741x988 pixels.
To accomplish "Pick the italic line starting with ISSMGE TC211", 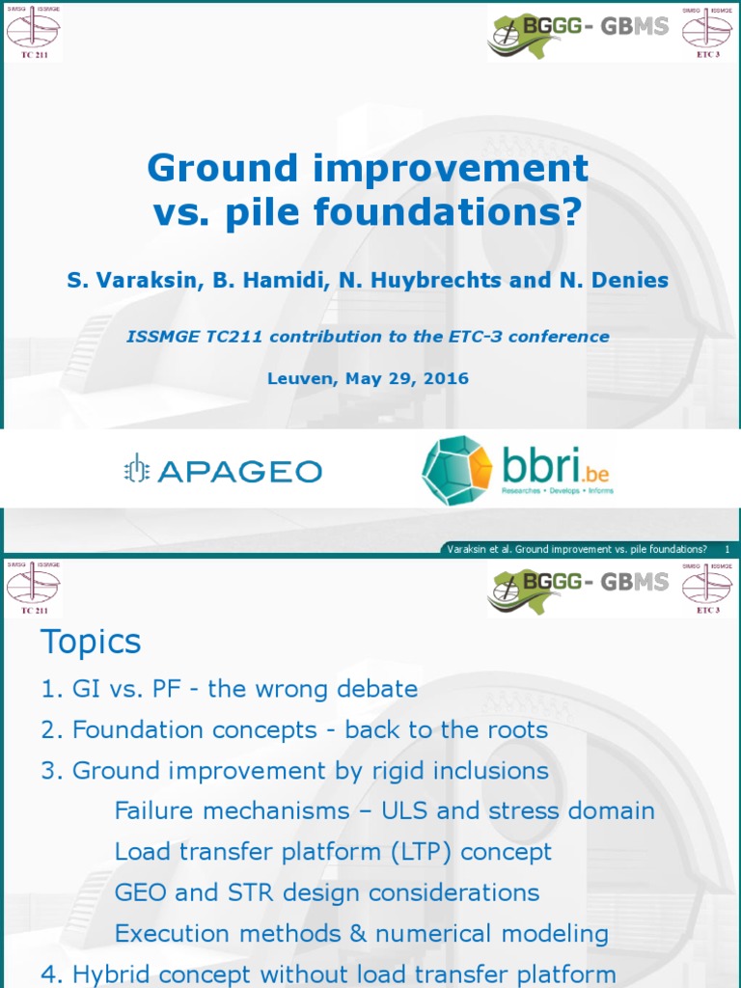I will [x=368, y=337].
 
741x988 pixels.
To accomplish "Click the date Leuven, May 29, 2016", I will [x=368, y=378].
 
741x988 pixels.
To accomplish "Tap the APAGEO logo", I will [x=223, y=471].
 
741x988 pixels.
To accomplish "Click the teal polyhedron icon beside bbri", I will [x=456, y=471].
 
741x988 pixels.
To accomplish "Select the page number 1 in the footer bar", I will [x=726, y=549].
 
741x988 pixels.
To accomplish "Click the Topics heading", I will [x=91, y=642].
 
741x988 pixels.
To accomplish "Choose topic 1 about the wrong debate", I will [x=230, y=689].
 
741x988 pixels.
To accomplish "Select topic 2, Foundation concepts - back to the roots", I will [x=294, y=729].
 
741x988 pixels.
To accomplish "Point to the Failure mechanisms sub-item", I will [x=384, y=810].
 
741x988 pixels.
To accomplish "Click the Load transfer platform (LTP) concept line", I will [x=333, y=852].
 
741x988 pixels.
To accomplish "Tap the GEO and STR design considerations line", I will [x=326, y=892].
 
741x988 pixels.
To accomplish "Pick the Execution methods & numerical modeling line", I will [x=361, y=934].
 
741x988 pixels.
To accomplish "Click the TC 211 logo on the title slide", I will [x=33, y=32].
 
